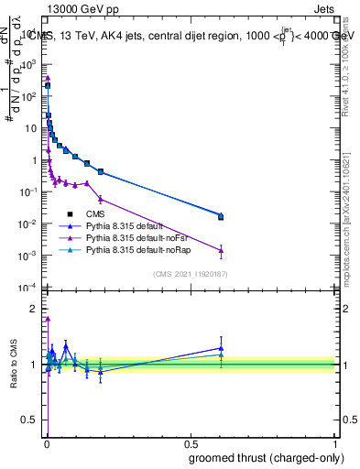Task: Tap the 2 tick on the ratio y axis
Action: click(36, 309)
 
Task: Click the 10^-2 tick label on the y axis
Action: click(29, 224)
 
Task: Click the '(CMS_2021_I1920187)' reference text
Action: click(191, 274)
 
